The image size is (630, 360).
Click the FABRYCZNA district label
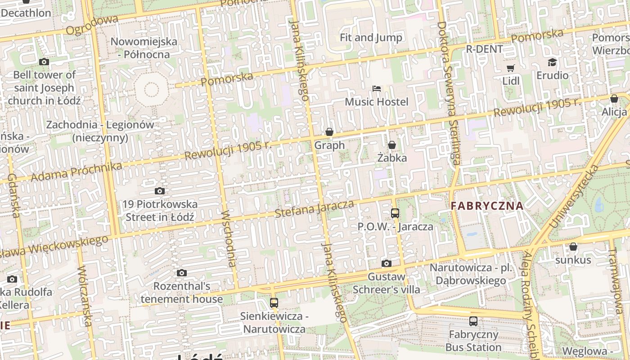[487, 206]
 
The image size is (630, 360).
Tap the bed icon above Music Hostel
[377, 89]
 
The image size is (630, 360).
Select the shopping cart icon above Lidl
[511, 68]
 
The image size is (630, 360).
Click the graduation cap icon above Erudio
[552, 63]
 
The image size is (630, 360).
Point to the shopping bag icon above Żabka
[392, 145]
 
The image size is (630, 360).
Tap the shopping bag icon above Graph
[329, 132]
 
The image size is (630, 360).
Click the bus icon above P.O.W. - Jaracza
[395, 213]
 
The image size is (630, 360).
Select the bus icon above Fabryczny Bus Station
[473, 321]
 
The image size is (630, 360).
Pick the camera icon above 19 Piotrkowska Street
[160, 191]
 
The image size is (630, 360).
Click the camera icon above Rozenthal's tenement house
[182, 273]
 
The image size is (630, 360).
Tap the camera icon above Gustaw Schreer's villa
[386, 263]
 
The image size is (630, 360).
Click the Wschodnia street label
[229, 238]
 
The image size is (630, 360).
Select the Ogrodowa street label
[92, 25]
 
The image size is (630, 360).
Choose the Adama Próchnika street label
[76, 172]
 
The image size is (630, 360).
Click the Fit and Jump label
[371, 37]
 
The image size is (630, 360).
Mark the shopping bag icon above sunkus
[573, 247]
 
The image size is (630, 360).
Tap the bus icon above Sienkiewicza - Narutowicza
[274, 303]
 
